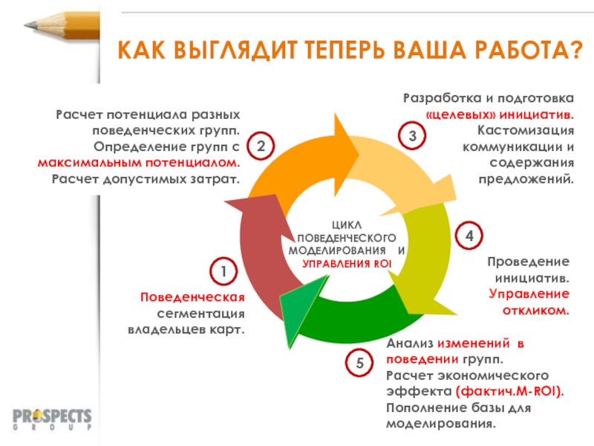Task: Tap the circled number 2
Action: tap(261, 146)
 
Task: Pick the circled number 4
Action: tap(469, 236)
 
